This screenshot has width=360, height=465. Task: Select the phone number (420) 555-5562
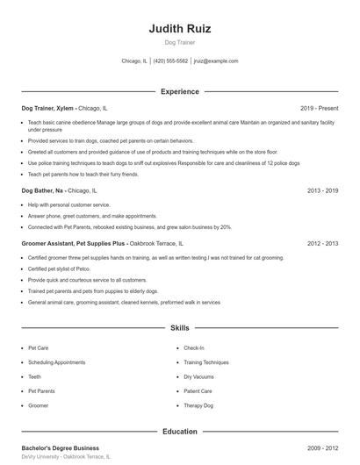point(170,61)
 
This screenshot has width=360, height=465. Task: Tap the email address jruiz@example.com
point(216,61)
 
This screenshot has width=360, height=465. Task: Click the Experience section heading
point(180,91)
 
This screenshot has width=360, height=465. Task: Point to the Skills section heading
point(180,328)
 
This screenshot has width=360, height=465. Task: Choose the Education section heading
point(180,432)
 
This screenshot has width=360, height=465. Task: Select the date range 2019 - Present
point(319,108)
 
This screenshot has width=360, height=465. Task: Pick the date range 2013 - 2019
point(322,190)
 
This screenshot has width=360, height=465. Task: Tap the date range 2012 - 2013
point(322,243)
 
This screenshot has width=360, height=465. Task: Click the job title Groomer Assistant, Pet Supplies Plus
point(74,243)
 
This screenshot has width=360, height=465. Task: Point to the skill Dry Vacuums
point(198,376)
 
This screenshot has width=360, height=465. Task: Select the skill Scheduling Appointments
point(56,362)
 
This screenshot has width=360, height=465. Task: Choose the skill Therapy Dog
point(198,405)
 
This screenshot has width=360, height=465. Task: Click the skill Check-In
point(194,347)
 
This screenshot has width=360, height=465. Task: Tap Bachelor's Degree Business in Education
point(61,448)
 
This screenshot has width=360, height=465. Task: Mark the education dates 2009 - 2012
point(322,448)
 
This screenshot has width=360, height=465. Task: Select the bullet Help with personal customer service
point(69,204)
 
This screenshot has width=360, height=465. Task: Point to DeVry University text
point(41,457)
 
